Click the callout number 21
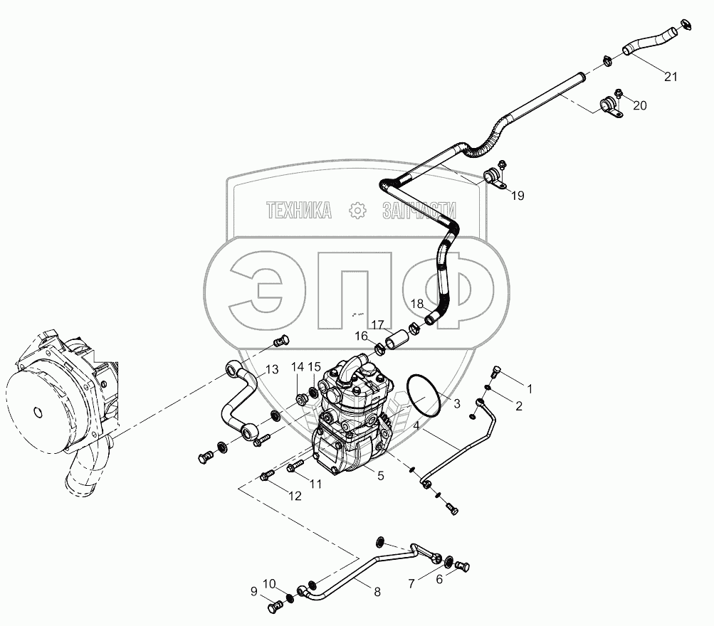pos(670,78)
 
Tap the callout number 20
pos(640,106)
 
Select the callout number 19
pos(518,196)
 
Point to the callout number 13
pos(272,368)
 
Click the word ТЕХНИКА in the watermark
pos(299,209)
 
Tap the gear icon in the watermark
pos(356,210)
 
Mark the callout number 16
pos(362,335)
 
